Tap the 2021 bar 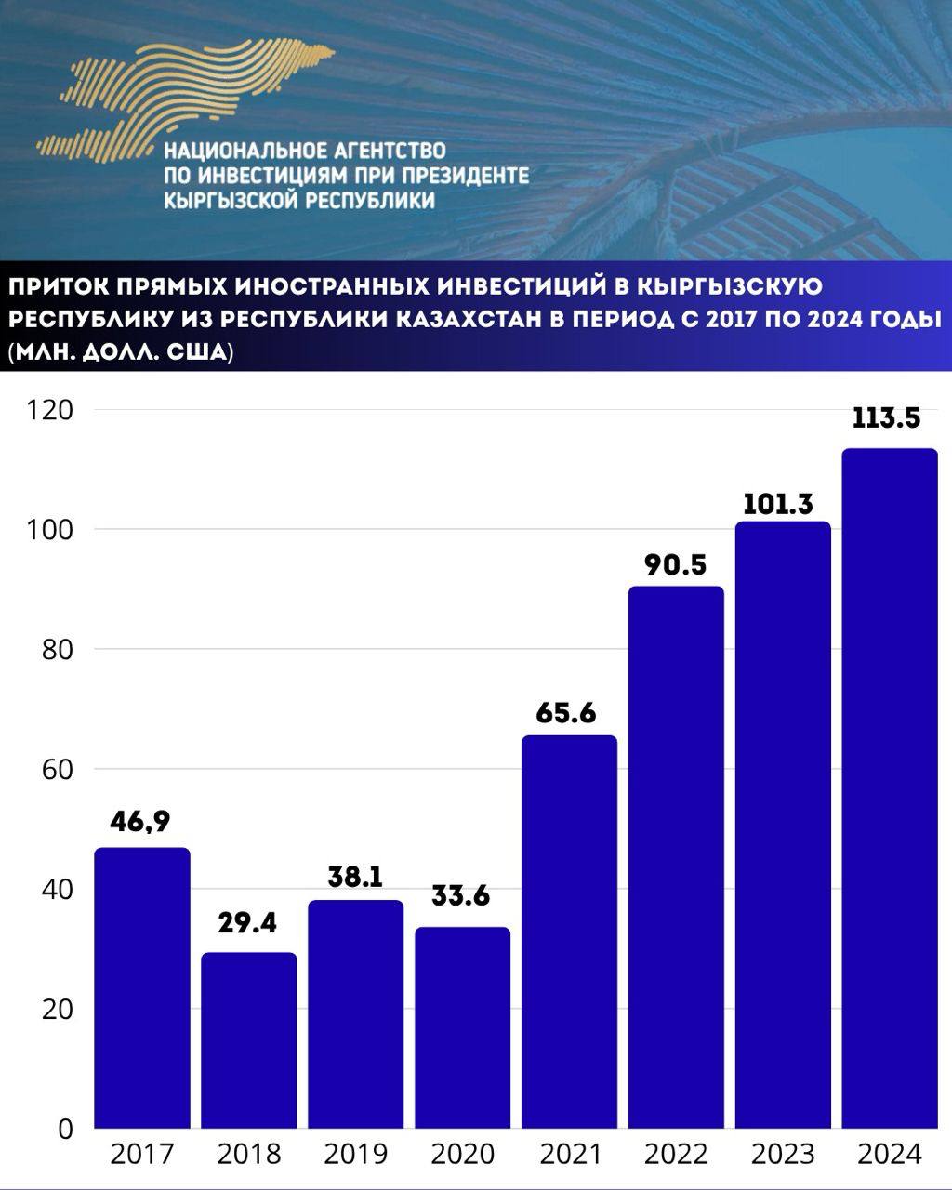click(569, 932)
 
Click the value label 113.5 click(886, 418)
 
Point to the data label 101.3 click(778, 505)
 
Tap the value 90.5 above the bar click(675, 564)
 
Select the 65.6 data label click(566, 714)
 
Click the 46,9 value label click(140, 822)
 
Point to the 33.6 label click(461, 896)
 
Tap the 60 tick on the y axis click(57, 770)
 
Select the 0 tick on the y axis click(65, 1129)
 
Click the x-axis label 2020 click(462, 1155)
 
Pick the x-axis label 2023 click(783, 1155)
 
